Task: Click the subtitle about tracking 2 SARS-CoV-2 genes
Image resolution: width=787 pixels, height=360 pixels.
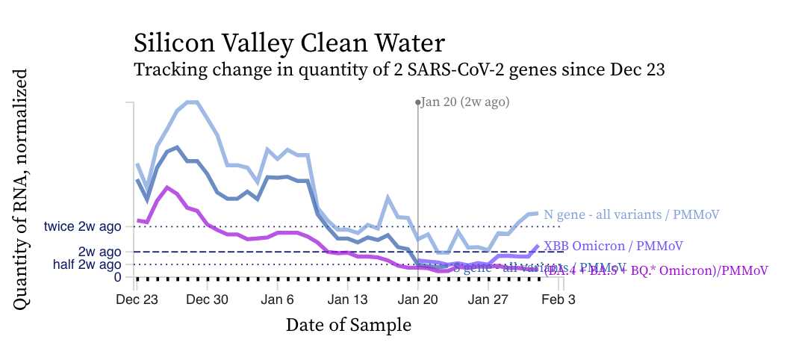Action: [399, 70]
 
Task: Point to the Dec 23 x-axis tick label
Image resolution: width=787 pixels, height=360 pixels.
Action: [137, 300]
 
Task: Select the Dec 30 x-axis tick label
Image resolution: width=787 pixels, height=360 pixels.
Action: [206, 300]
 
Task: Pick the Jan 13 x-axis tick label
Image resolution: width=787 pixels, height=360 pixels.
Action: [348, 300]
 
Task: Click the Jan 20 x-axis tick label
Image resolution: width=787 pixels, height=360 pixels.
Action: [418, 300]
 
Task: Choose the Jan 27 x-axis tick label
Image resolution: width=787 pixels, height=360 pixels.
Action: [488, 300]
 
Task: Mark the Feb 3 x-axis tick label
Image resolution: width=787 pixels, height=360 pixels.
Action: [558, 300]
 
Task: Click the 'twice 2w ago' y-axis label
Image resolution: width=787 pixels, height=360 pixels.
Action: [82, 226]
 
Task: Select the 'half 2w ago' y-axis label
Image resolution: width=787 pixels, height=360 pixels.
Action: [87, 264]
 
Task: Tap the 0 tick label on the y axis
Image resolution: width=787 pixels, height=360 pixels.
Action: [117, 277]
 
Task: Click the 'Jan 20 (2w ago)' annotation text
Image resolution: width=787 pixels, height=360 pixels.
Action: [465, 102]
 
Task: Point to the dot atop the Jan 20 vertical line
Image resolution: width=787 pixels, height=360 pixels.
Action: [418, 102]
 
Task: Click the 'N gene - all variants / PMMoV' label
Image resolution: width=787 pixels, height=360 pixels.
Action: [631, 214]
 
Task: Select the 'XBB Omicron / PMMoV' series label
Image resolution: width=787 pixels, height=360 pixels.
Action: [613, 245]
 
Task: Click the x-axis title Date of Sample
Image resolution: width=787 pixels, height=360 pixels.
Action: [348, 325]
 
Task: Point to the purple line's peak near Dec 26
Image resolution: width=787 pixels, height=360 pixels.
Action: [167, 187]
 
